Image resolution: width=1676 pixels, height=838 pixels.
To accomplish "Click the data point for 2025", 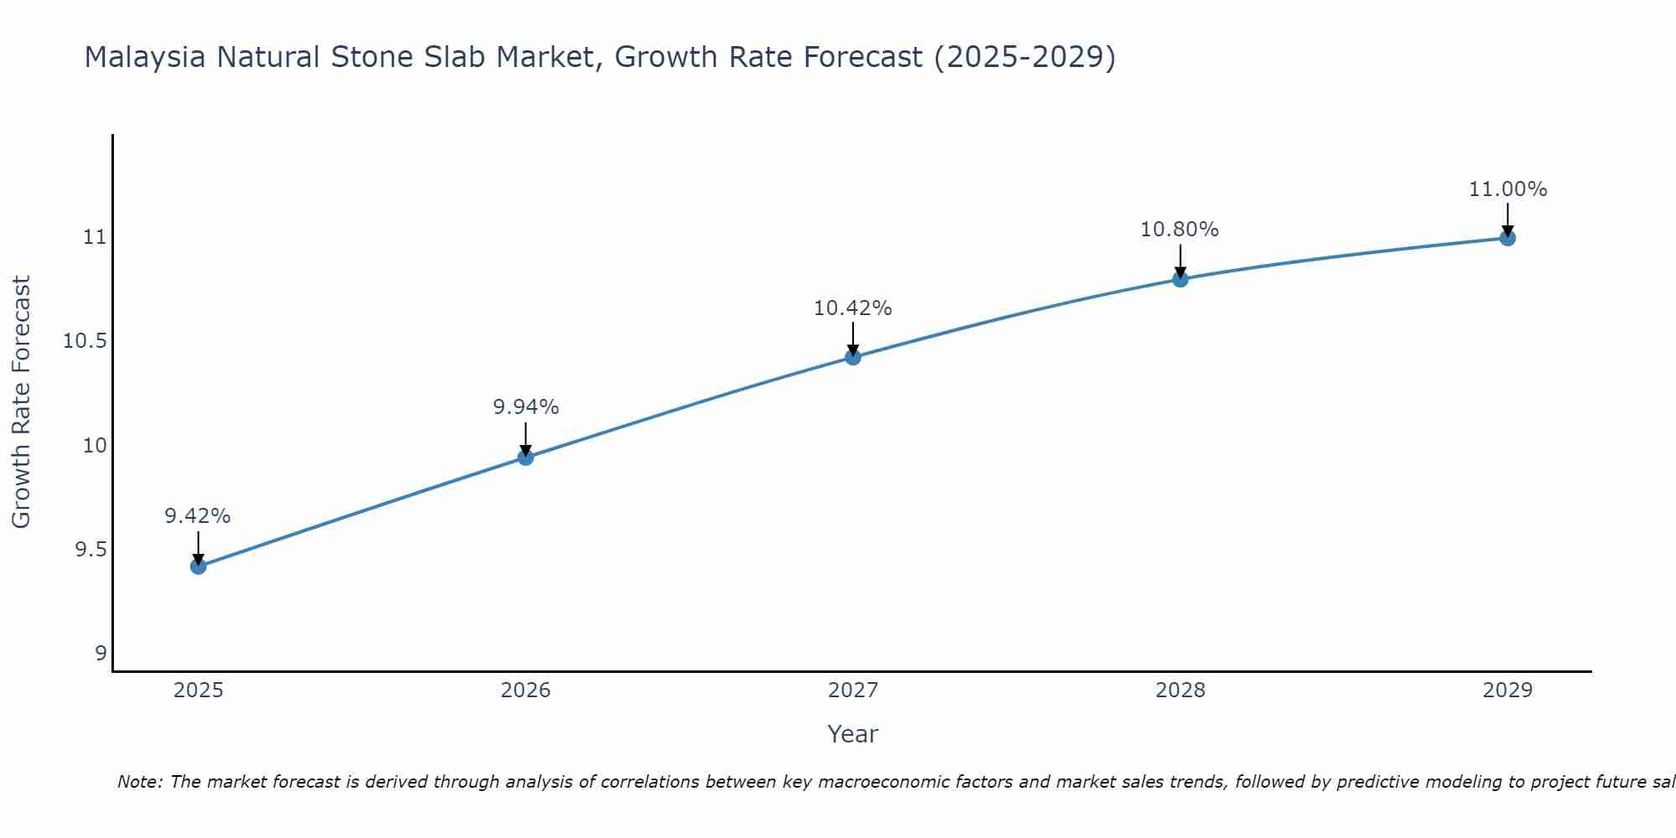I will tap(198, 566).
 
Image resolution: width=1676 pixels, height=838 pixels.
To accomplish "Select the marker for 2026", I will tap(525, 458).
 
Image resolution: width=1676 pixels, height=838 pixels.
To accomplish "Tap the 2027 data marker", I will tap(853, 357).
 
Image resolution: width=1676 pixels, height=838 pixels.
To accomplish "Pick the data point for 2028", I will tap(1180, 279).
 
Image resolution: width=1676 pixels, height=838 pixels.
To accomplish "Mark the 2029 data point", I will tap(1508, 238).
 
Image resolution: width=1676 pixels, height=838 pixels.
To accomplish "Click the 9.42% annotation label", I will tap(198, 516).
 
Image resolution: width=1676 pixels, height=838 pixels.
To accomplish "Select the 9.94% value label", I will tap(525, 407).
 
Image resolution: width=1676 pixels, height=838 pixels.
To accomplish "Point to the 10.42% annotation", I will tap(853, 308).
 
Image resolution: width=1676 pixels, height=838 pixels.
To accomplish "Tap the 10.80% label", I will tap(1180, 230).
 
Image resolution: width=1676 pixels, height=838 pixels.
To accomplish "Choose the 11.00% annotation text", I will tap(1508, 189).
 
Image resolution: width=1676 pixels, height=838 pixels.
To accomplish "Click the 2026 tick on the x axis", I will tap(525, 691).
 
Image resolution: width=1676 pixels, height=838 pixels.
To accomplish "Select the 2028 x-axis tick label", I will tap(1180, 691).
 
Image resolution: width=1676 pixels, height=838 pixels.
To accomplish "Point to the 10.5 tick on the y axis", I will tap(85, 341).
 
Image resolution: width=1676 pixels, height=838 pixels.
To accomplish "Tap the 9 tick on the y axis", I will tap(101, 654).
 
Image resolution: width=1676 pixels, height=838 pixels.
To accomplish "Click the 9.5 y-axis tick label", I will tap(91, 550).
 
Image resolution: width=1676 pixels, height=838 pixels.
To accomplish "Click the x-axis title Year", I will tap(852, 734).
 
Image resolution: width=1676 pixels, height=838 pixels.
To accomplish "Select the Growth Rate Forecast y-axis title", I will tap(22, 402).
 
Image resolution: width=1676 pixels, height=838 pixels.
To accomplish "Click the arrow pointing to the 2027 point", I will tap(853, 337).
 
